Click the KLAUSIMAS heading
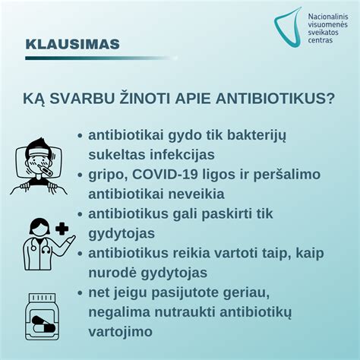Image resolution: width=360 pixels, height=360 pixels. pos(72,44)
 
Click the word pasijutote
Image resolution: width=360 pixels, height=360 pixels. pos(188,292)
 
